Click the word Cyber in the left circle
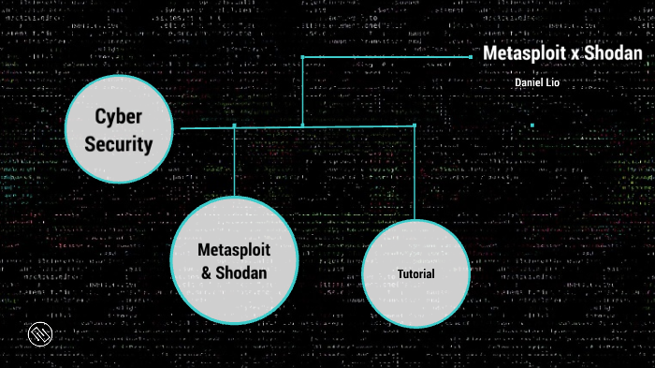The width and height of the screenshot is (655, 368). pyautogui.click(x=118, y=116)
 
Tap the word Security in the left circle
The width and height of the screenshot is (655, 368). pyautogui.click(x=118, y=144)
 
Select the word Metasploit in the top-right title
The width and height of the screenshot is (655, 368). pyautogui.click(x=523, y=53)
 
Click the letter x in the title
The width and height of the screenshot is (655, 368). pyautogui.click(x=574, y=54)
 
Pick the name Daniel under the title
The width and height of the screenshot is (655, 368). pyautogui.click(x=529, y=82)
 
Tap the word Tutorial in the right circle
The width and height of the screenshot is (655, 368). pyautogui.click(x=415, y=274)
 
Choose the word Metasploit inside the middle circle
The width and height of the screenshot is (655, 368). pyautogui.click(x=234, y=250)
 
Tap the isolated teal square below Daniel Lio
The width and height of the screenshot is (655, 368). pyautogui.click(x=532, y=125)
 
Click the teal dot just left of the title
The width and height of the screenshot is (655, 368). pyautogui.click(x=471, y=57)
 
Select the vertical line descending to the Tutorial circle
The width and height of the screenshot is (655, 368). pyautogui.click(x=414, y=173)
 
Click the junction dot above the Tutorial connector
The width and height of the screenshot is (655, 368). pyautogui.click(x=414, y=125)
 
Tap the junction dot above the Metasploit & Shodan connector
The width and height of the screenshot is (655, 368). pyautogui.click(x=234, y=125)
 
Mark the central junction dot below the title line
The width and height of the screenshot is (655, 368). pyautogui.click(x=302, y=125)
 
